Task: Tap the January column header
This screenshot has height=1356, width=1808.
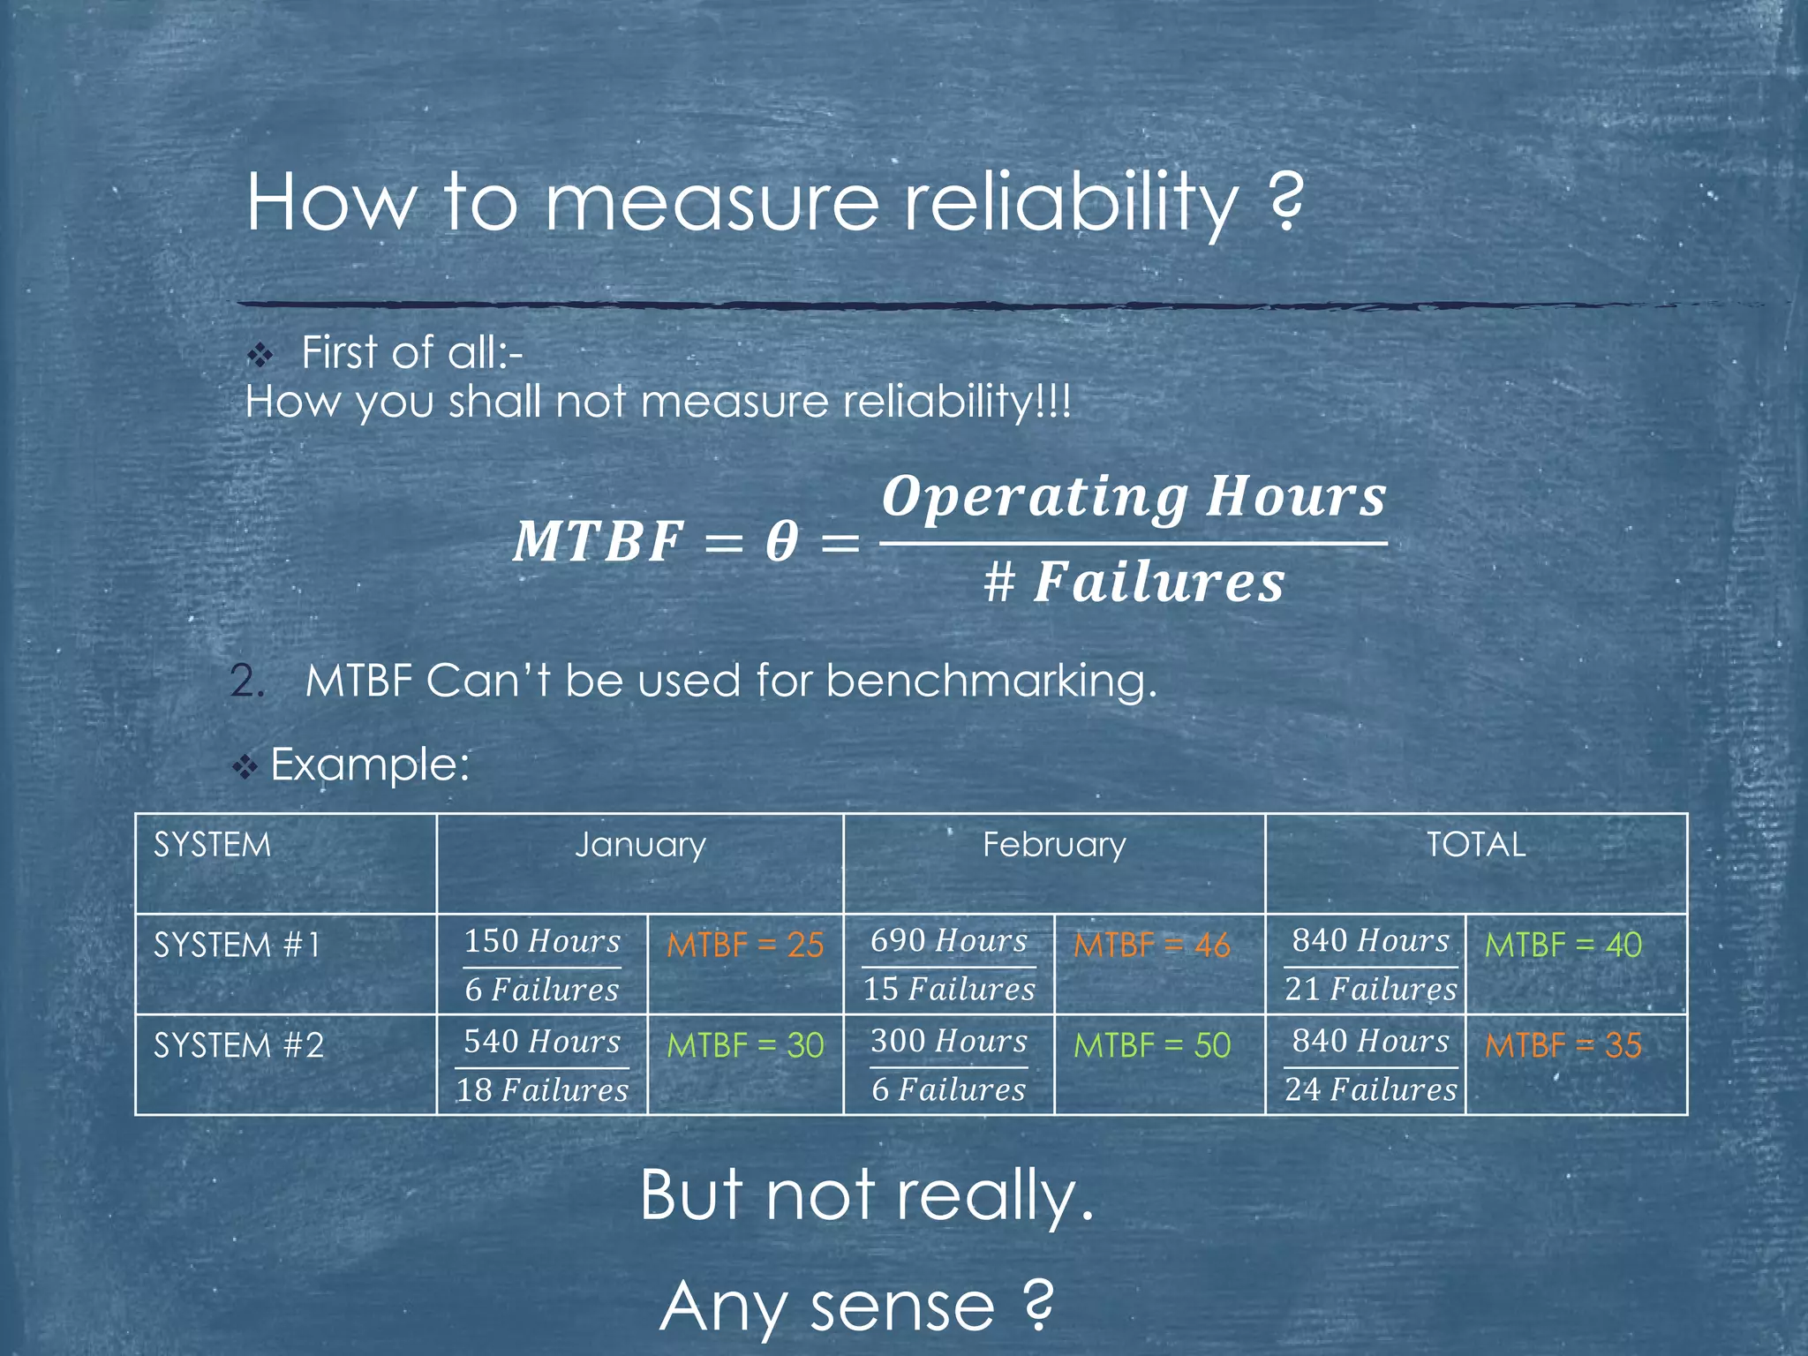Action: [x=640, y=845]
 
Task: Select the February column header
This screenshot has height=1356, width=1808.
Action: [x=1054, y=845]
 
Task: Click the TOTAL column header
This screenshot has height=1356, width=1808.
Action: [x=1475, y=845]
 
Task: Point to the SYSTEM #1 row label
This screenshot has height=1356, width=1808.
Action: [x=237, y=945]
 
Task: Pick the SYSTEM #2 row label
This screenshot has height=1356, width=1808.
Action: [x=238, y=1046]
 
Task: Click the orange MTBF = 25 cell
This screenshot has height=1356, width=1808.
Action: [x=745, y=945]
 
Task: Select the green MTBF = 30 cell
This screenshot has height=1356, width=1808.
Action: [x=745, y=1046]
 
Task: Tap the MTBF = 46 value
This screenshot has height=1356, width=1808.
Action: [x=1151, y=945]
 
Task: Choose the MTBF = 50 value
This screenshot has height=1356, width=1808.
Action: [x=1151, y=1046]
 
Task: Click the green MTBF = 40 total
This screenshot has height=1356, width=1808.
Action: [x=1563, y=945]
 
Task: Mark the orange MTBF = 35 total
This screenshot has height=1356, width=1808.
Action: [x=1563, y=1046]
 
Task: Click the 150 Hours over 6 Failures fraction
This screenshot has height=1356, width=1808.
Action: [x=542, y=965]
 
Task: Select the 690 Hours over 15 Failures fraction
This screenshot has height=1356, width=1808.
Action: [x=949, y=965]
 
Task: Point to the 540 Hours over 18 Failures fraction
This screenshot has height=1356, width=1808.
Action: [x=542, y=1066]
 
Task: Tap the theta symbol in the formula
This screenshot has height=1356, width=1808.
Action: [x=782, y=541]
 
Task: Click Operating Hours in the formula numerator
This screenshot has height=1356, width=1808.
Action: [x=1134, y=497]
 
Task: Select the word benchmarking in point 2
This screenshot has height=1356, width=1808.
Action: [x=991, y=682]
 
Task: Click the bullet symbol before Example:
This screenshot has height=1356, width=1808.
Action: [x=245, y=766]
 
